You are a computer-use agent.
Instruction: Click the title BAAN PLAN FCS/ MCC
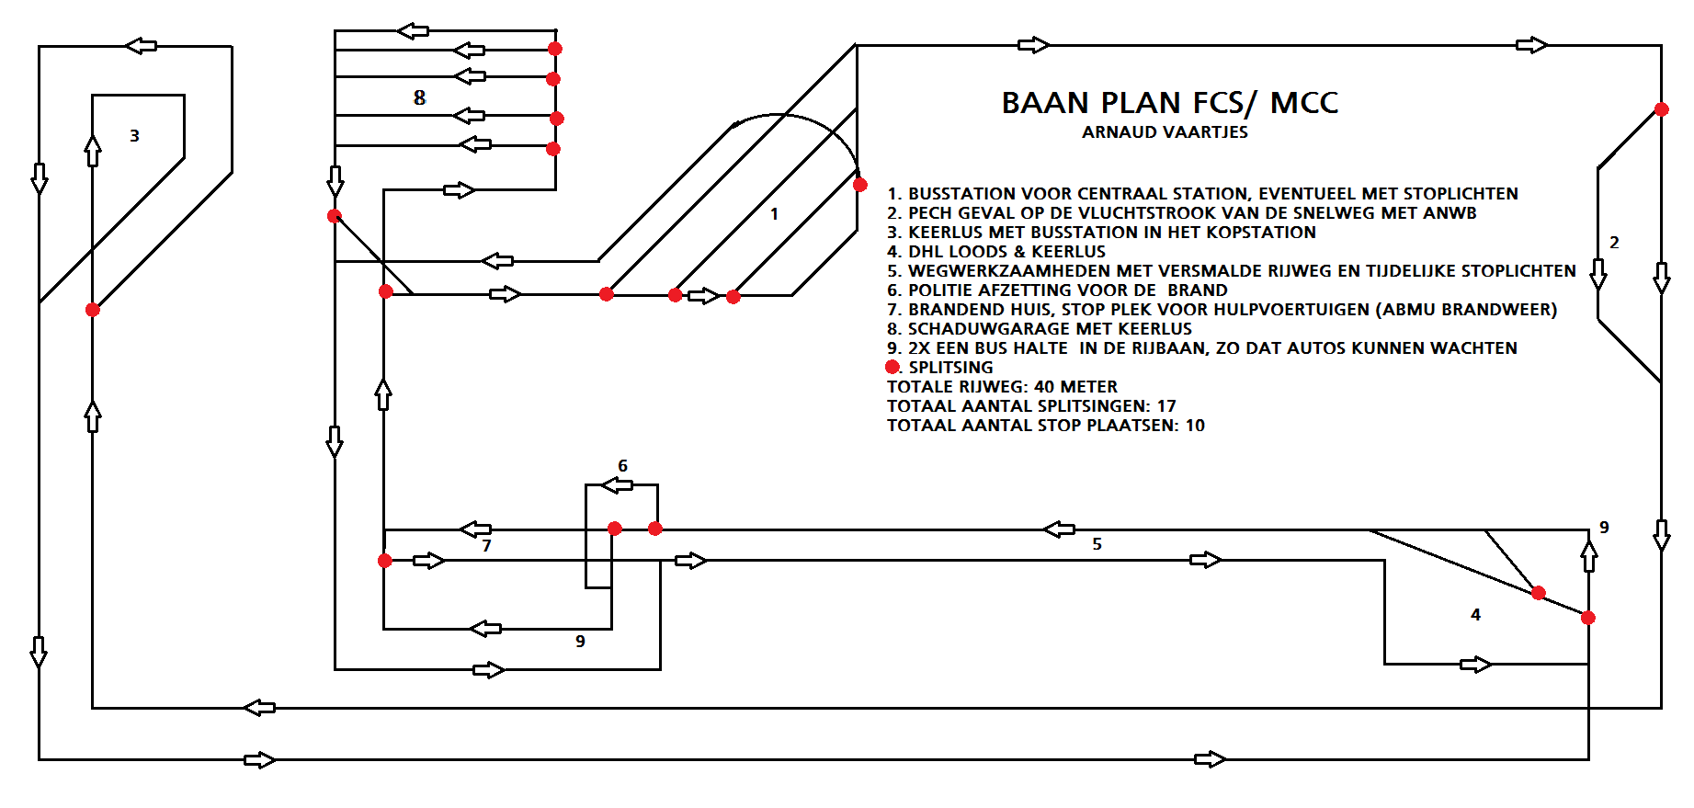[x=1169, y=103]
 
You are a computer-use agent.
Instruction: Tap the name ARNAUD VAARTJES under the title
[x=1165, y=132]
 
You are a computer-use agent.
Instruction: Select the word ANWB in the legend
[x=1450, y=213]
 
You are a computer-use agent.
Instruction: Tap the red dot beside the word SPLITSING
[x=892, y=367]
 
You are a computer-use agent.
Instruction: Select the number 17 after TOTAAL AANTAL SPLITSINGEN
[x=1166, y=406]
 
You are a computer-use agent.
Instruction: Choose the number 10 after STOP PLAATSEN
[x=1195, y=426]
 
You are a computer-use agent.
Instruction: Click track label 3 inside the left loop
[x=134, y=136]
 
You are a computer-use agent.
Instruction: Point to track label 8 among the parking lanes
[x=419, y=97]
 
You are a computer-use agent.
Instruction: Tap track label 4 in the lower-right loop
[x=1475, y=615]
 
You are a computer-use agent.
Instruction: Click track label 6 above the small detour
[x=622, y=466]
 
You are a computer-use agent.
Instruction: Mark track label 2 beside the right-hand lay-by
[x=1614, y=243]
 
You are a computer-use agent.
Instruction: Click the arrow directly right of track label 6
[x=618, y=484]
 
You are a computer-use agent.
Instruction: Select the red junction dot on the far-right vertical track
[x=1661, y=109]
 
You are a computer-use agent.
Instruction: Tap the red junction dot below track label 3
[x=93, y=310]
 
